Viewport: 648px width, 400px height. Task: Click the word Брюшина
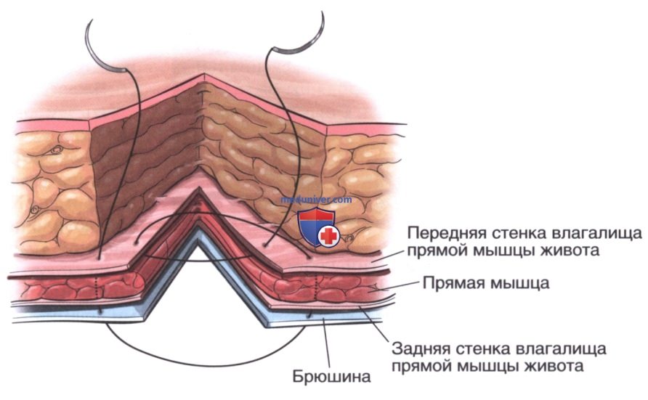coord(331,377)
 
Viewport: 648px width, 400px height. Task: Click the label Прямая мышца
coord(486,284)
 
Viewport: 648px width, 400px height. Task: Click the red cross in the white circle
coord(329,237)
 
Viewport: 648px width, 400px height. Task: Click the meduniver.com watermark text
coord(317,200)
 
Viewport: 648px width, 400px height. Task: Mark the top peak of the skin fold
coord(203,74)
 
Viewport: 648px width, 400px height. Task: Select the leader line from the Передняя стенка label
coord(386,256)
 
